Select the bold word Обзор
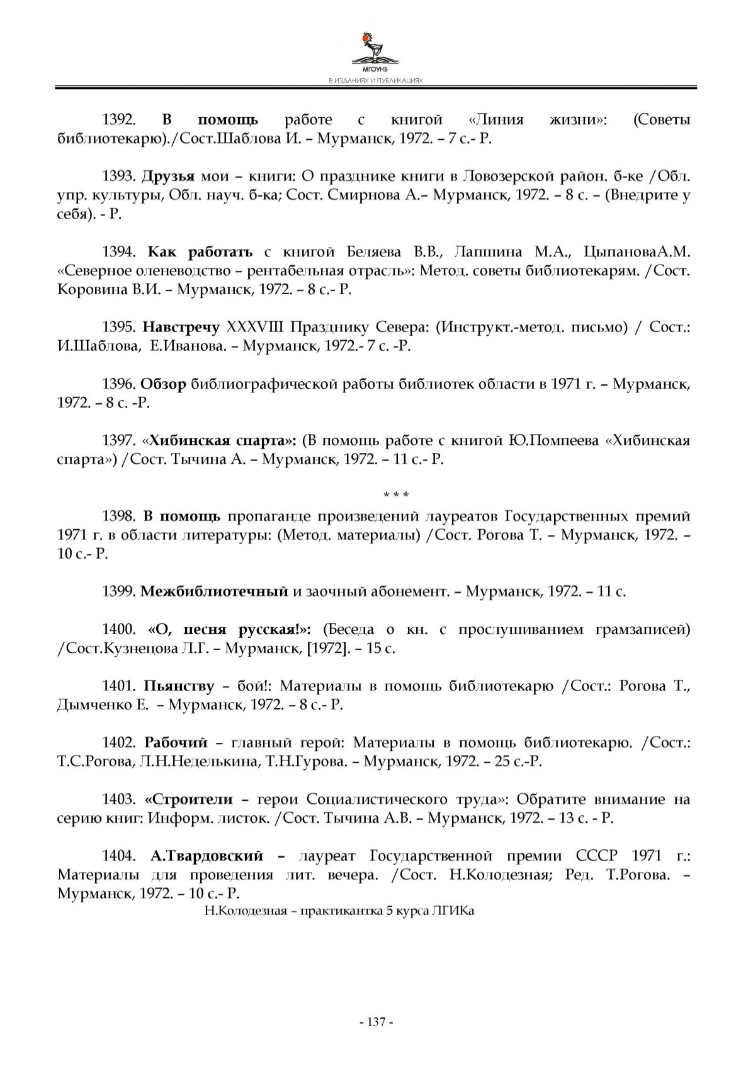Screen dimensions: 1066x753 coord(163,384)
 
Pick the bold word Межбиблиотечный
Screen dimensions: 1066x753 coord(214,592)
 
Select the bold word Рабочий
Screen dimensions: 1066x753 coord(176,743)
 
